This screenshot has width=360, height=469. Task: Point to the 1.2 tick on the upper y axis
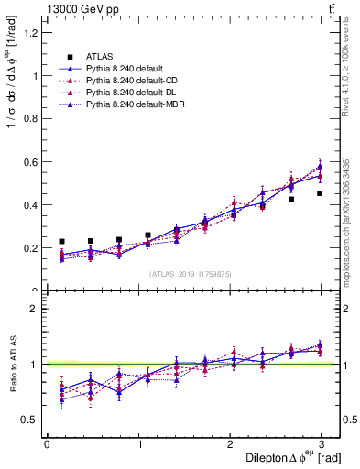(x=33, y=33)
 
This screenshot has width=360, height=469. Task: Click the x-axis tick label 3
(x=322, y=444)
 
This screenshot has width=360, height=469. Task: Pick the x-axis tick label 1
(x=139, y=444)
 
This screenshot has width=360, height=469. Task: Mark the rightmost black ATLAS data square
(x=320, y=193)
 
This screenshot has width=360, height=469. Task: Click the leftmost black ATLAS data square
(x=61, y=242)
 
